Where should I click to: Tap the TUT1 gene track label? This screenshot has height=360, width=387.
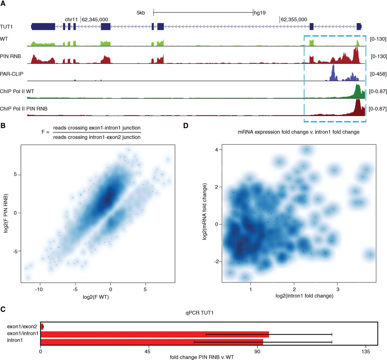click(x=6, y=27)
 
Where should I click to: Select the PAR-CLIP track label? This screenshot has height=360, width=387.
click(x=11, y=74)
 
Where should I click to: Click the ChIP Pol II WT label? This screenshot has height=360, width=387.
click(x=17, y=91)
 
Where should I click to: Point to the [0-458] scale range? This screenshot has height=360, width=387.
click(x=378, y=74)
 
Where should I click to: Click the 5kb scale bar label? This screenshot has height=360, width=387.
click(x=141, y=13)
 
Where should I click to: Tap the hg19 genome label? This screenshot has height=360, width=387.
click(x=260, y=13)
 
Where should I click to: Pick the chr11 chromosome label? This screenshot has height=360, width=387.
click(x=71, y=20)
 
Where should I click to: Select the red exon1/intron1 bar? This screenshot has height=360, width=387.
click(x=154, y=334)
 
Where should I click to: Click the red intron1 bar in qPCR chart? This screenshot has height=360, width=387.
click(x=151, y=342)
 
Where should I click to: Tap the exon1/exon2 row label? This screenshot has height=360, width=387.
click(x=22, y=326)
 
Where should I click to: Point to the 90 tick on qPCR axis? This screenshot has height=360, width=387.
click(x=257, y=351)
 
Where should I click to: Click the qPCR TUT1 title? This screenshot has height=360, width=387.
click(x=200, y=313)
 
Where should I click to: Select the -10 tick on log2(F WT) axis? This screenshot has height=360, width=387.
click(x=39, y=289)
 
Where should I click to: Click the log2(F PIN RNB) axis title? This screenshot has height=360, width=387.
click(x=6, y=213)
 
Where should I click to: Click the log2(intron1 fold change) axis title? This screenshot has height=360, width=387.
click(x=304, y=296)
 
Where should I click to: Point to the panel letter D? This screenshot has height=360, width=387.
click(x=186, y=125)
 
